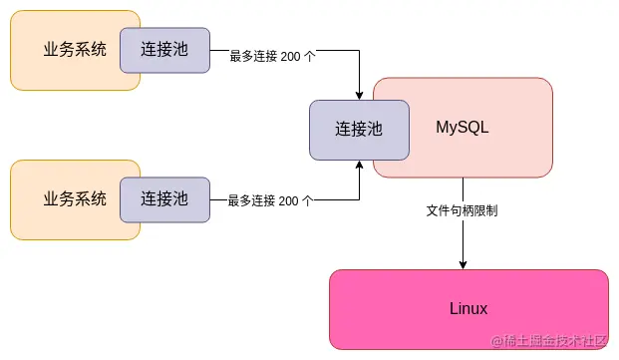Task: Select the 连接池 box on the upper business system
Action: [164, 50]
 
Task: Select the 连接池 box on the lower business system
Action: [164, 198]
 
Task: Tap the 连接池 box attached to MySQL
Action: [359, 130]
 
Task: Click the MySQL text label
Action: [463, 128]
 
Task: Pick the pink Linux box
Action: [468, 309]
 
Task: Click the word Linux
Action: [468, 309]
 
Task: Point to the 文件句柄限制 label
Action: [463, 211]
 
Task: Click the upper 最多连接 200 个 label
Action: [272, 57]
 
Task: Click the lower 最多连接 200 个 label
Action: [270, 200]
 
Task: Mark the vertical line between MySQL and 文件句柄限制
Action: [464, 190]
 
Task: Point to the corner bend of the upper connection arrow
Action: [359, 50]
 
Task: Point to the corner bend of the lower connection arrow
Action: [359, 198]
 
